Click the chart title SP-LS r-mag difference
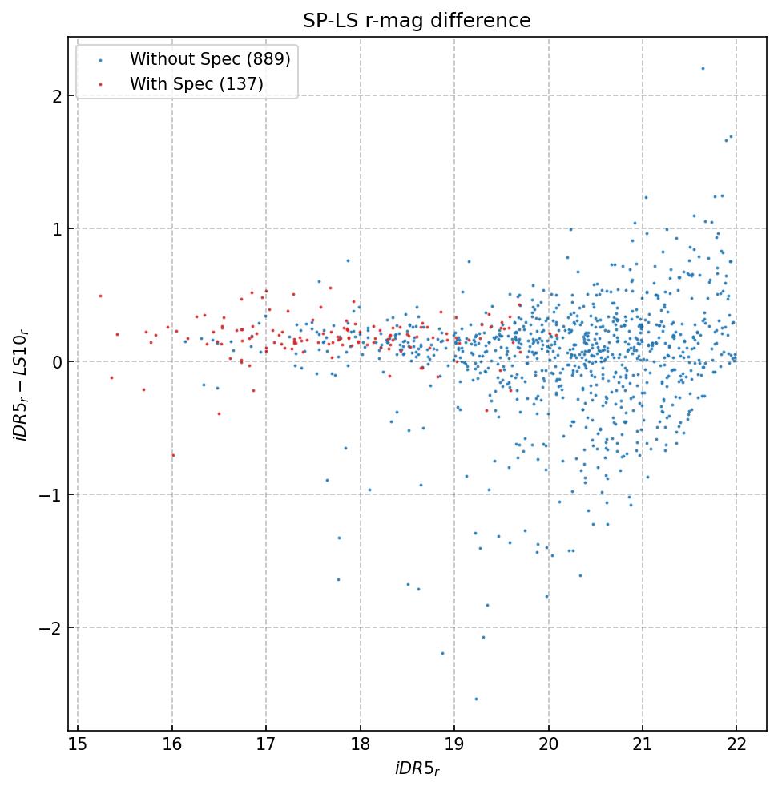click(x=417, y=21)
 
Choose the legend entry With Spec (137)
click(x=196, y=83)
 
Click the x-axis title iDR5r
click(x=417, y=770)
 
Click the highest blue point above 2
click(x=703, y=68)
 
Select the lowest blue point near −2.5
click(x=476, y=699)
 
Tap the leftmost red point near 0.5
click(x=100, y=296)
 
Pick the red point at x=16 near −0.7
click(x=173, y=455)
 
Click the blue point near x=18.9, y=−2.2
click(x=441, y=653)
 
